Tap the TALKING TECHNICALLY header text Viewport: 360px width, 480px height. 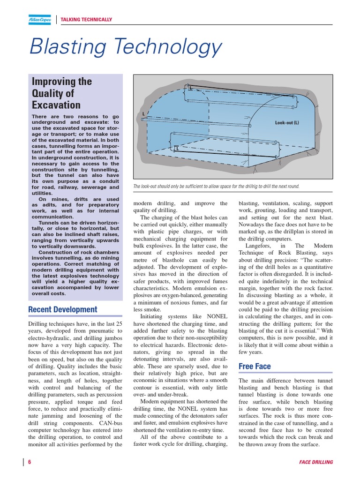(x=87, y=20)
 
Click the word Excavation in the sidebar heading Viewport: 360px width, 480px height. (x=56, y=105)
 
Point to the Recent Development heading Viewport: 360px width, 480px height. (x=63, y=309)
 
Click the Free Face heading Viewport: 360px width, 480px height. (x=255, y=366)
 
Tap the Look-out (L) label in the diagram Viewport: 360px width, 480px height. (x=287, y=123)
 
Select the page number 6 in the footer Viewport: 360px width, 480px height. (x=30, y=462)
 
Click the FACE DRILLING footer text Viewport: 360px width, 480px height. (x=316, y=462)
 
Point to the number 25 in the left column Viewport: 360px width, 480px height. (x=119, y=324)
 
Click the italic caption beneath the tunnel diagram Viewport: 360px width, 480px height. (x=216, y=186)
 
